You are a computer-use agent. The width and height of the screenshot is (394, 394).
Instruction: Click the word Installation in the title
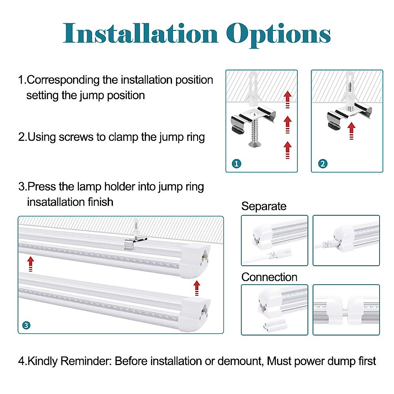pyautogui.click(x=141, y=34)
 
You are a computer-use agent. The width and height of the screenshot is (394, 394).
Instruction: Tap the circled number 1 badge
pyautogui.click(x=236, y=164)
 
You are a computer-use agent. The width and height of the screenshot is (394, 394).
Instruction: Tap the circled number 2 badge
pyautogui.click(x=322, y=164)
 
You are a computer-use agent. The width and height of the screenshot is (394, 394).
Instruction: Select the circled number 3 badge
pyautogui.click(x=26, y=325)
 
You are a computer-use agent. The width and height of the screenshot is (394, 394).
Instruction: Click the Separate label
pyautogui.click(x=264, y=206)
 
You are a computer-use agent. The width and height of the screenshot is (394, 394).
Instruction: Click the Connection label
pyautogui.click(x=269, y=277)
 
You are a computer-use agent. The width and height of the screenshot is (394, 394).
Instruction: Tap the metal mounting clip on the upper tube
pyautogui.click(x=133, y=244)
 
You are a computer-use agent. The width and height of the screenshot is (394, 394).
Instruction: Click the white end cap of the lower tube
pyautogui.click(x=194, y=314)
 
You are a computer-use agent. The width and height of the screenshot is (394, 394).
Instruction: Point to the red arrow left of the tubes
pyautogui.click(x=31, y=264)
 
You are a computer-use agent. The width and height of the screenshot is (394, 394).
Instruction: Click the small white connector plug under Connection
pyautogui.click(x=272, y=326)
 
